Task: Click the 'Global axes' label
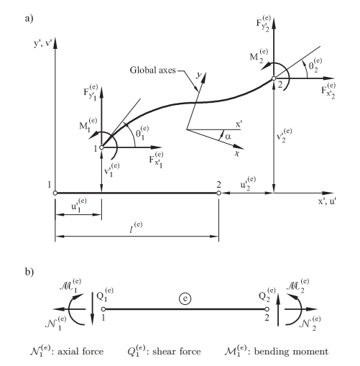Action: [x=152, y=70]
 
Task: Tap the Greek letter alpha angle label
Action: [x=228, y=137]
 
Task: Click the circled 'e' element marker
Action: [x=185, y=298]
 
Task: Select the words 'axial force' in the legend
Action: [x=80, y=352]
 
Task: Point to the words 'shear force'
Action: [x=176, y=352]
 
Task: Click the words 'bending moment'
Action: [x=291, y=352]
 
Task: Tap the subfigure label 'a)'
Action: [x=29, y=19]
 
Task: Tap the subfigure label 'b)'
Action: [x=29, y=272]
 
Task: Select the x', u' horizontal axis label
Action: [x=327, y=201]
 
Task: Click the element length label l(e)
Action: [x=136, y=227]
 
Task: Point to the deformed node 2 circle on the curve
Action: [x=274, y=78]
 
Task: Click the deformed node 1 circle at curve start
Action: [x=101, y=147]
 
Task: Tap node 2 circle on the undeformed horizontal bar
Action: [x=218, y=193]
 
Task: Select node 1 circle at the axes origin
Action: [x=55, y=193]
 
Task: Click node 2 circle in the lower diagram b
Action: [x=267, y=309]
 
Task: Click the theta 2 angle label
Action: [x=315, y=65]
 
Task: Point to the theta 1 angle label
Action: [x=142, y=132]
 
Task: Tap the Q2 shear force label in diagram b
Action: [x=267, y=294]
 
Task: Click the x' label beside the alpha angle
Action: [x=239, y=124]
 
